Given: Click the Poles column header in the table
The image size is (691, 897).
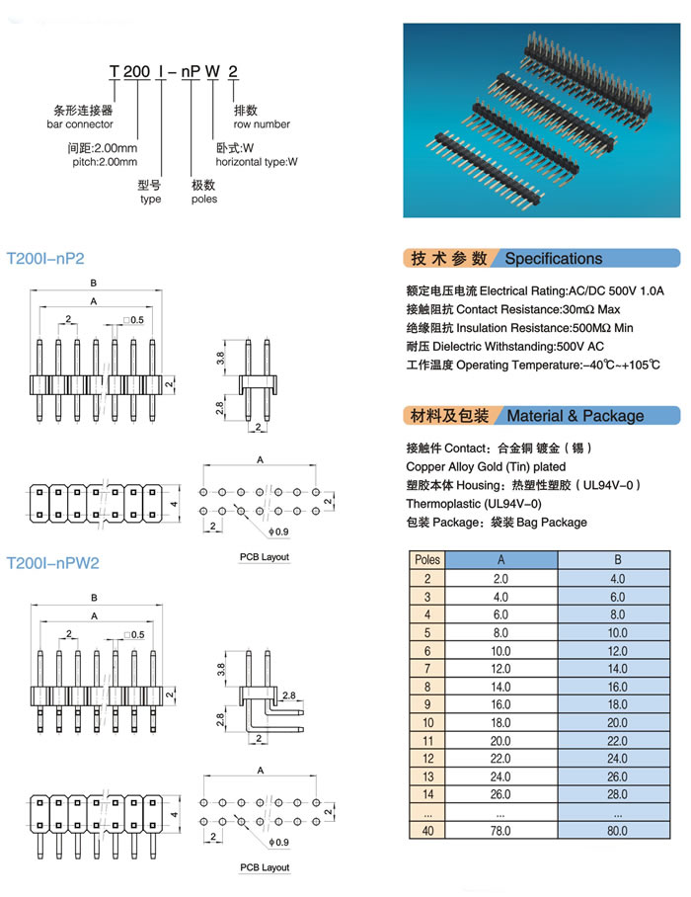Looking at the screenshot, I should (x=427, y=559).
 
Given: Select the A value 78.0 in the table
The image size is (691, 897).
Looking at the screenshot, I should (x=500, y=831).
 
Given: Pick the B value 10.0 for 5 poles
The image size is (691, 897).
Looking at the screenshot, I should (x=617, y=632).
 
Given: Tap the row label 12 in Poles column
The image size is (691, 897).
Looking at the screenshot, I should (x=427, y=759).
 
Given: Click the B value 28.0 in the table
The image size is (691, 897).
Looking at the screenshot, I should (x=617, y=794).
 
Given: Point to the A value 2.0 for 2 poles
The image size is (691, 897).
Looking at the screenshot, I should (x=500, y=578).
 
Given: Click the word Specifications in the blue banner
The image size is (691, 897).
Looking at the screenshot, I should (x=553, y=259).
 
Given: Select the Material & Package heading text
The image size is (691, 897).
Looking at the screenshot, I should (x=575, y=416).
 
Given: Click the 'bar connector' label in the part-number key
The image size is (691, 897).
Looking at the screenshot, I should (x=80, y=124).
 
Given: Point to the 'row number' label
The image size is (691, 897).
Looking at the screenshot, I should (x=262, y=124).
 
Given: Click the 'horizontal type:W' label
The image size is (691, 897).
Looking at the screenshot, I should (x=257, y=161).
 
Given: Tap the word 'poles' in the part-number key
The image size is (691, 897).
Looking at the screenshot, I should (x=204, y=199).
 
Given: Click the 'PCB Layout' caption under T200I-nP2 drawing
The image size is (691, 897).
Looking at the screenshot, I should (x=264, y=557).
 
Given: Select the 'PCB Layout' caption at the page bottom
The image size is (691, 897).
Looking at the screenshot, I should (x=264, y=867).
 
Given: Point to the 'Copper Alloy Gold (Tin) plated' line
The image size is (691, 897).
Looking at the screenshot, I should (x=486, y=466).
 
